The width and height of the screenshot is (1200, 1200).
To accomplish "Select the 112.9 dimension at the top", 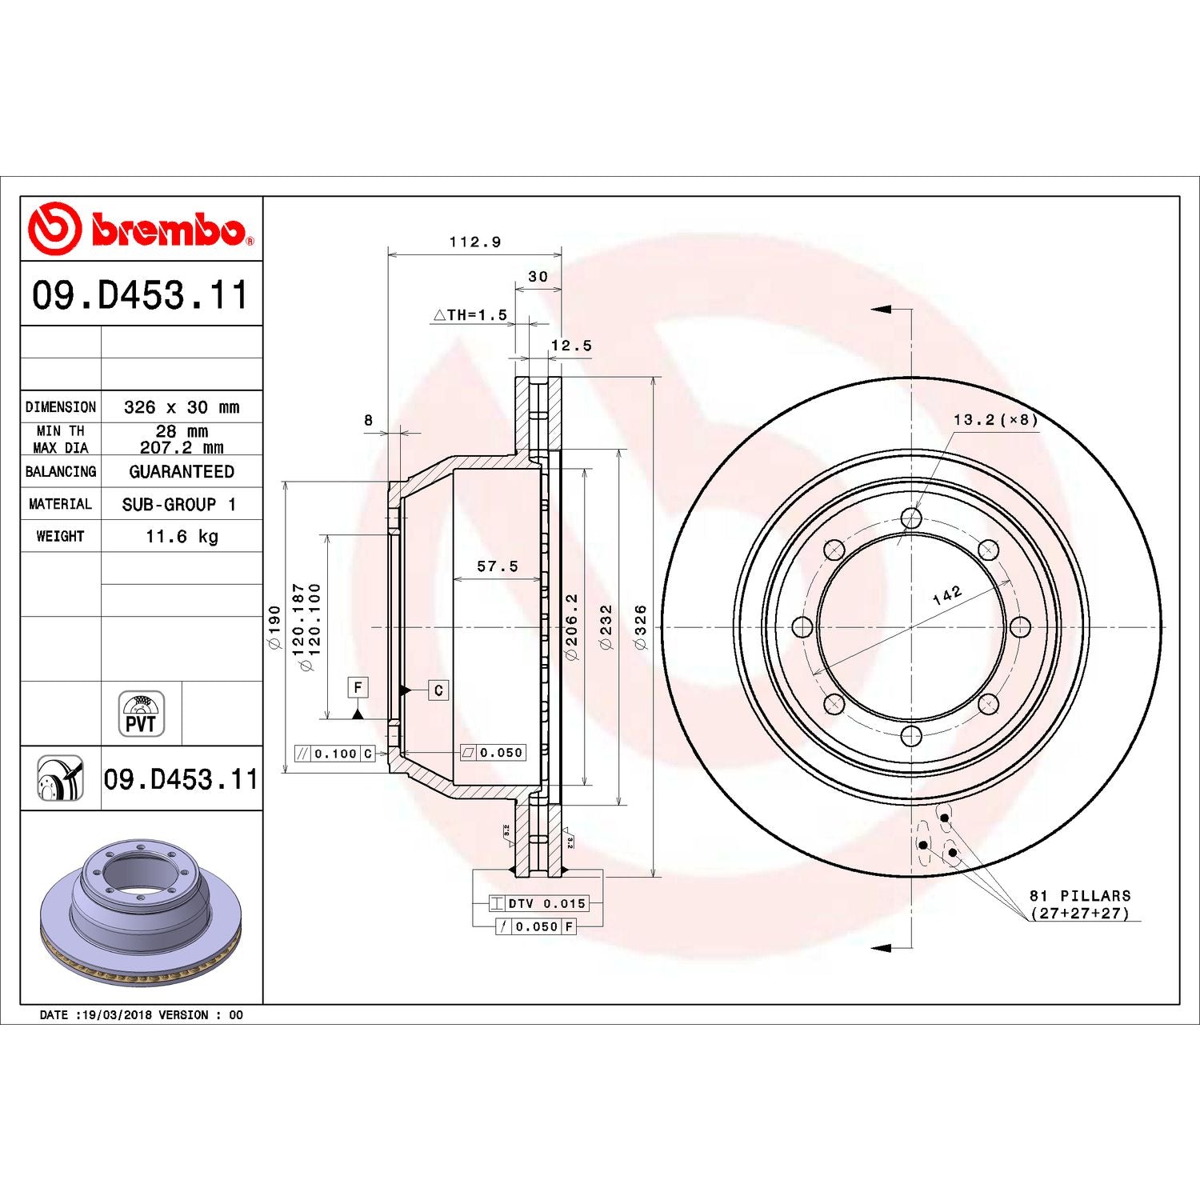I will [475, 242].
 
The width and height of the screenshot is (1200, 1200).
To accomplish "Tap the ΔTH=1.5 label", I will [470, 315].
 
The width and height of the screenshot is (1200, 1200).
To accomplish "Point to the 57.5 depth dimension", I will [498, 566].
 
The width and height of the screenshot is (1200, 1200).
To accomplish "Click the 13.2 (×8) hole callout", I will [995, 420].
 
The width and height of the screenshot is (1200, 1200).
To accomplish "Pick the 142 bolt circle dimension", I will [947, 595].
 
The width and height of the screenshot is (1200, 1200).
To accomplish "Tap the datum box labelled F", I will [358, 687].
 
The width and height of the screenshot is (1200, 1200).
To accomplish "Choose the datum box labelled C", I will [438, 690].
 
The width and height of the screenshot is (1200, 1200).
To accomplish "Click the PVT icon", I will [141, 714].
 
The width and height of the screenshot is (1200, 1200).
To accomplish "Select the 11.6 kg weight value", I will [182, 536].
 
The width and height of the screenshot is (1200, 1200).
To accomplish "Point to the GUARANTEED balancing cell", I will [182, 472].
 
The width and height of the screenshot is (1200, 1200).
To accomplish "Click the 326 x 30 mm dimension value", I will [182, 407].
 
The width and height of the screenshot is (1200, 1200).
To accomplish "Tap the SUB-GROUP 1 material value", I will [179, 505].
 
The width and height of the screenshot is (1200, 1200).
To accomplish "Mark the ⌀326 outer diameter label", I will [640, 627].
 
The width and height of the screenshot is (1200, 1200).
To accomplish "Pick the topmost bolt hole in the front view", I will [911, 518].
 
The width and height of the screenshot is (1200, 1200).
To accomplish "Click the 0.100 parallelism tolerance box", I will [334, 754].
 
